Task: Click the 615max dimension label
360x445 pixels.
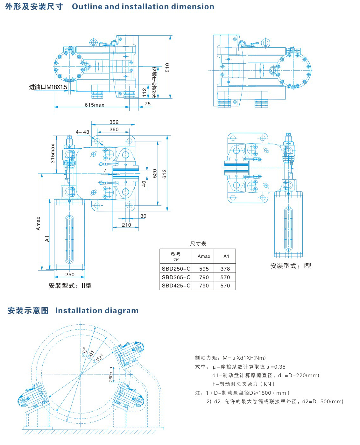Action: coord(94,105)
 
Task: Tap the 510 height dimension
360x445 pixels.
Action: coord(167,67)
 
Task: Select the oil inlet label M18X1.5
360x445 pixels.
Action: coord(48,87)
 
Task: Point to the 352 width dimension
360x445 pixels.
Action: coord(114,122)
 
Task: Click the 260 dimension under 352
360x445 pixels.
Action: coord(114,129)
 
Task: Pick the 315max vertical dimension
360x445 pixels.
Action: coord(53,153)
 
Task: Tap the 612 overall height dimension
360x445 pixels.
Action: coord(164,173)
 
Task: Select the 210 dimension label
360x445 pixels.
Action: coord(126,225)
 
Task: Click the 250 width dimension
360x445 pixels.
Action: coord(70,274)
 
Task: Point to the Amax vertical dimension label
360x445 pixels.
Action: coord(39,223)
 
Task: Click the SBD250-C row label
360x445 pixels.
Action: coord(176,269)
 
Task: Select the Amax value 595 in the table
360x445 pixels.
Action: coord(204,269)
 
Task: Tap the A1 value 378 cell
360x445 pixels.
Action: coord(225,269)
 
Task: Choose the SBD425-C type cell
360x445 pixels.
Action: coord(176,286)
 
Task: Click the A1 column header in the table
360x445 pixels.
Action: coord(226,256)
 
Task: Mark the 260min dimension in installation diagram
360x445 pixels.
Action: coord(111,374)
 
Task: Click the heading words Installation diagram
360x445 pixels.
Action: coord(97,311)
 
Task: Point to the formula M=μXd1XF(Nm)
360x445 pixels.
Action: coord(244,358)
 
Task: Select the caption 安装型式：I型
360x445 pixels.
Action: coord(290,266)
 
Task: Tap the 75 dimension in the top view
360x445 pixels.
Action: coord(147,103)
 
